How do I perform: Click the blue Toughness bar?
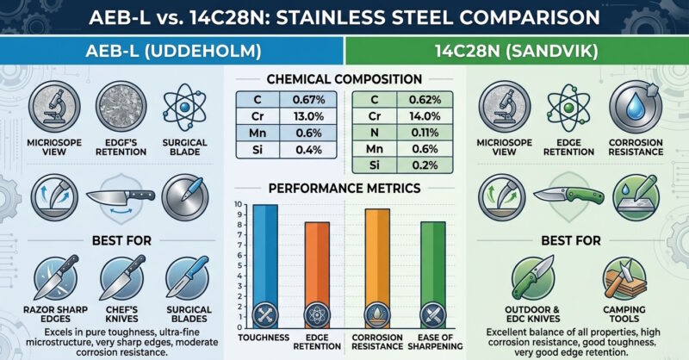click(x=265, y=266)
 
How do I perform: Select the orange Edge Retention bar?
click(x=317, y=275)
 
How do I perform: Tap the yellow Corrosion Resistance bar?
click(x=377, y=269)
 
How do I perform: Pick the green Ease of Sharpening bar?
click(x=433, y=275)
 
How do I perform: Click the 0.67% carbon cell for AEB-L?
click(x=308, y=100)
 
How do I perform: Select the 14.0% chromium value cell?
click(x=425, y=116)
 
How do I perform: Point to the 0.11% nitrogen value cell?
click(x=425, y=133)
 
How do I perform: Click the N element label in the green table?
click(x=375, y=133)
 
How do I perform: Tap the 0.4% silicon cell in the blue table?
click(x=308, y=150)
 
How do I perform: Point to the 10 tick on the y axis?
click(x=239, y=204)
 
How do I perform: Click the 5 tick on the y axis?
click(x=239, y=265)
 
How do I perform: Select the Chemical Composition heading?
click(x=344, y=79)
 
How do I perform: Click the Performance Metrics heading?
click(x=344, y=188)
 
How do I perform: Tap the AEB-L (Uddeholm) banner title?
click(x=174, y=51)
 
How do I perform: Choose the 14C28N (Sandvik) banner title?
click(x=516, y=51)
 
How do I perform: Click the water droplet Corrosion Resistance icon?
click(x=636, y=107)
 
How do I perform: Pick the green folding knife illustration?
click(x=568, y=195)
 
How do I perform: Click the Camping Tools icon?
click(x=624, y=279)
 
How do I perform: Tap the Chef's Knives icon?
click(x=121, y=279)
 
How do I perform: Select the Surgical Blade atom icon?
click(x=184, y=107)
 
